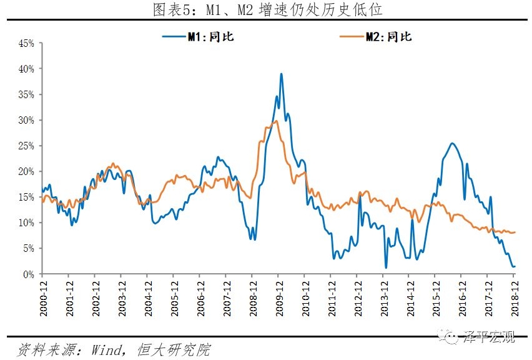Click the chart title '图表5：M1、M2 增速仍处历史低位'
click(267, 9)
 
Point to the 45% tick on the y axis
click(26, 44)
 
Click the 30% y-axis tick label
click(26, 120)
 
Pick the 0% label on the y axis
click(29, 274)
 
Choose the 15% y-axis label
click(26, 197)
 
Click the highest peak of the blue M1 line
click(281, 74)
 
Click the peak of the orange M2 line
click(275, 121)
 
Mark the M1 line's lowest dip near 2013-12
click(386, 267)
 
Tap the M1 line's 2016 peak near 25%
click(452, 144)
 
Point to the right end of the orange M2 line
click(515, 232)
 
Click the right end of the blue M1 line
click(515, 266)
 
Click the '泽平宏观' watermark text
click(490, 337)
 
